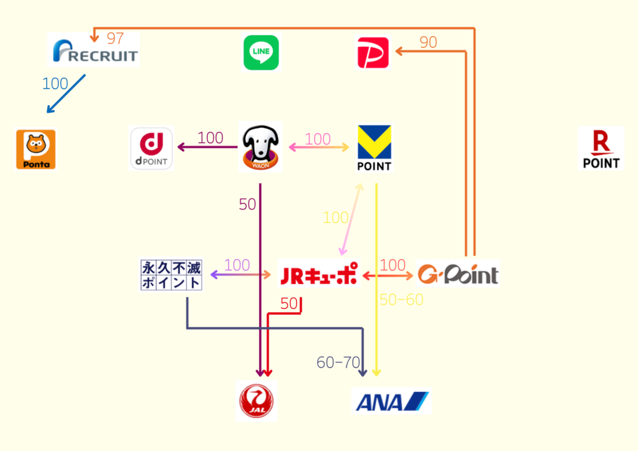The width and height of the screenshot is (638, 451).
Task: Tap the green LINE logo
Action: tap(261, 53)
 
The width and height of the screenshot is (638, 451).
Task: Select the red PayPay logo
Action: tap(373, 53)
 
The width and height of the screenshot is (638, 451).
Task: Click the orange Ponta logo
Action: tap(36, 150)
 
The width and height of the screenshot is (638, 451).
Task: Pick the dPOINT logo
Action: tap(151, 148)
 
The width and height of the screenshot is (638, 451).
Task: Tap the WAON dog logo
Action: tap(260, 148)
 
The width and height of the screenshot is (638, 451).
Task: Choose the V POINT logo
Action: tap(374, 148)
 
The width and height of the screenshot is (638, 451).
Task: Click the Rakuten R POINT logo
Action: tap(601, 148)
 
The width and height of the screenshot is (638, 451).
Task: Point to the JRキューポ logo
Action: tap(319, 274)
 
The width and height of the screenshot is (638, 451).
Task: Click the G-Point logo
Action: tap(458, 274)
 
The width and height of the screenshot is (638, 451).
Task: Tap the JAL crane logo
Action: tap(257, 401)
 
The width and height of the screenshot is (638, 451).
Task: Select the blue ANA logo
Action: tap(391, 401)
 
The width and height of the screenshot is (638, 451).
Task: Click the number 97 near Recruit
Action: tap(115, 39)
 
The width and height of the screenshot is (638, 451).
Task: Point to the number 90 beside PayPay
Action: tap(428, 42)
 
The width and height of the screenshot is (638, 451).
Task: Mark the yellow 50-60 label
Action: tap(401, 300)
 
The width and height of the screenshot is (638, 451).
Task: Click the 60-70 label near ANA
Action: tap(338, 363)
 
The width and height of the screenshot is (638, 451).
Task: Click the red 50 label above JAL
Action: tap(289, 304)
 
